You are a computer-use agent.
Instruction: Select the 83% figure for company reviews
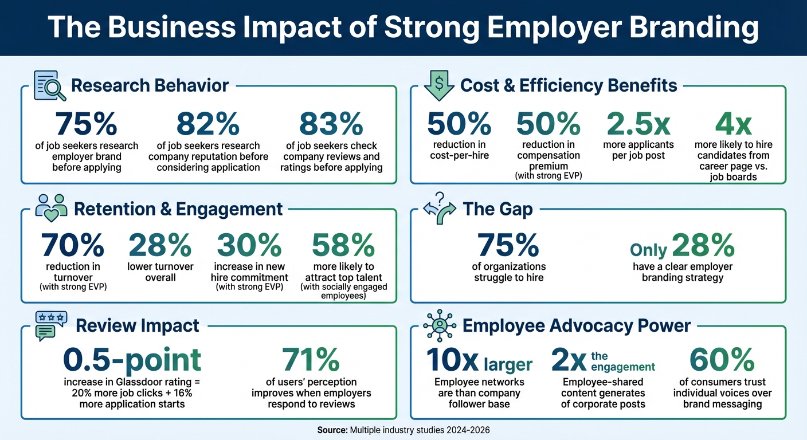point(331,124)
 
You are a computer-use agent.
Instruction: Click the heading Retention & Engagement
point(178,209)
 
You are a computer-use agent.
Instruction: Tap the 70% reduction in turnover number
point(72,246)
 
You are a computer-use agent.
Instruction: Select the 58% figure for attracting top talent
point(343,246)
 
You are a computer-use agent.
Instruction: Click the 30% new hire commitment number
point(249,246)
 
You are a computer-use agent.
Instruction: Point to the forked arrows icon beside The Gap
point(438,209)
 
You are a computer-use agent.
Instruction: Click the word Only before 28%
point(648,250)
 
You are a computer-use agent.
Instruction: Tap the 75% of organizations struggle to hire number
point(508,246)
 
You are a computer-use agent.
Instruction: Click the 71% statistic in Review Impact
point(311,360)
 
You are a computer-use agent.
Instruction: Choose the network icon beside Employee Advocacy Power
point(440,325)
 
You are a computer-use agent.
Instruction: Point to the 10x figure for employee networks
point(453,360)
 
